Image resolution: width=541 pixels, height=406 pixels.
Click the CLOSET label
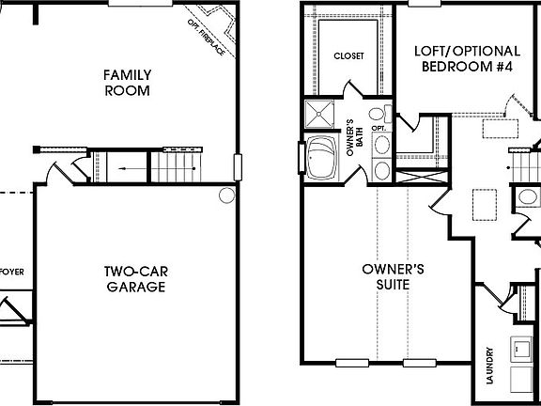click(348, 55)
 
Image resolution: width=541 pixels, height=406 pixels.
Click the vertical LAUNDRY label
click(490, 366)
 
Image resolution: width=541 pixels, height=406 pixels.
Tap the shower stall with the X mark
click(319, 115)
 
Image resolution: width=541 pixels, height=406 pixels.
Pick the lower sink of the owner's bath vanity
click(383, 170)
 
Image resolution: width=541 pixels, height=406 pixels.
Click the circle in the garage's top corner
click(226, 195)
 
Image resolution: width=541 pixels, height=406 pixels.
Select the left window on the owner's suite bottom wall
click(352, 363)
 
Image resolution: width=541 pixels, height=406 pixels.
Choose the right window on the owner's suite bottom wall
click(419, 363)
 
